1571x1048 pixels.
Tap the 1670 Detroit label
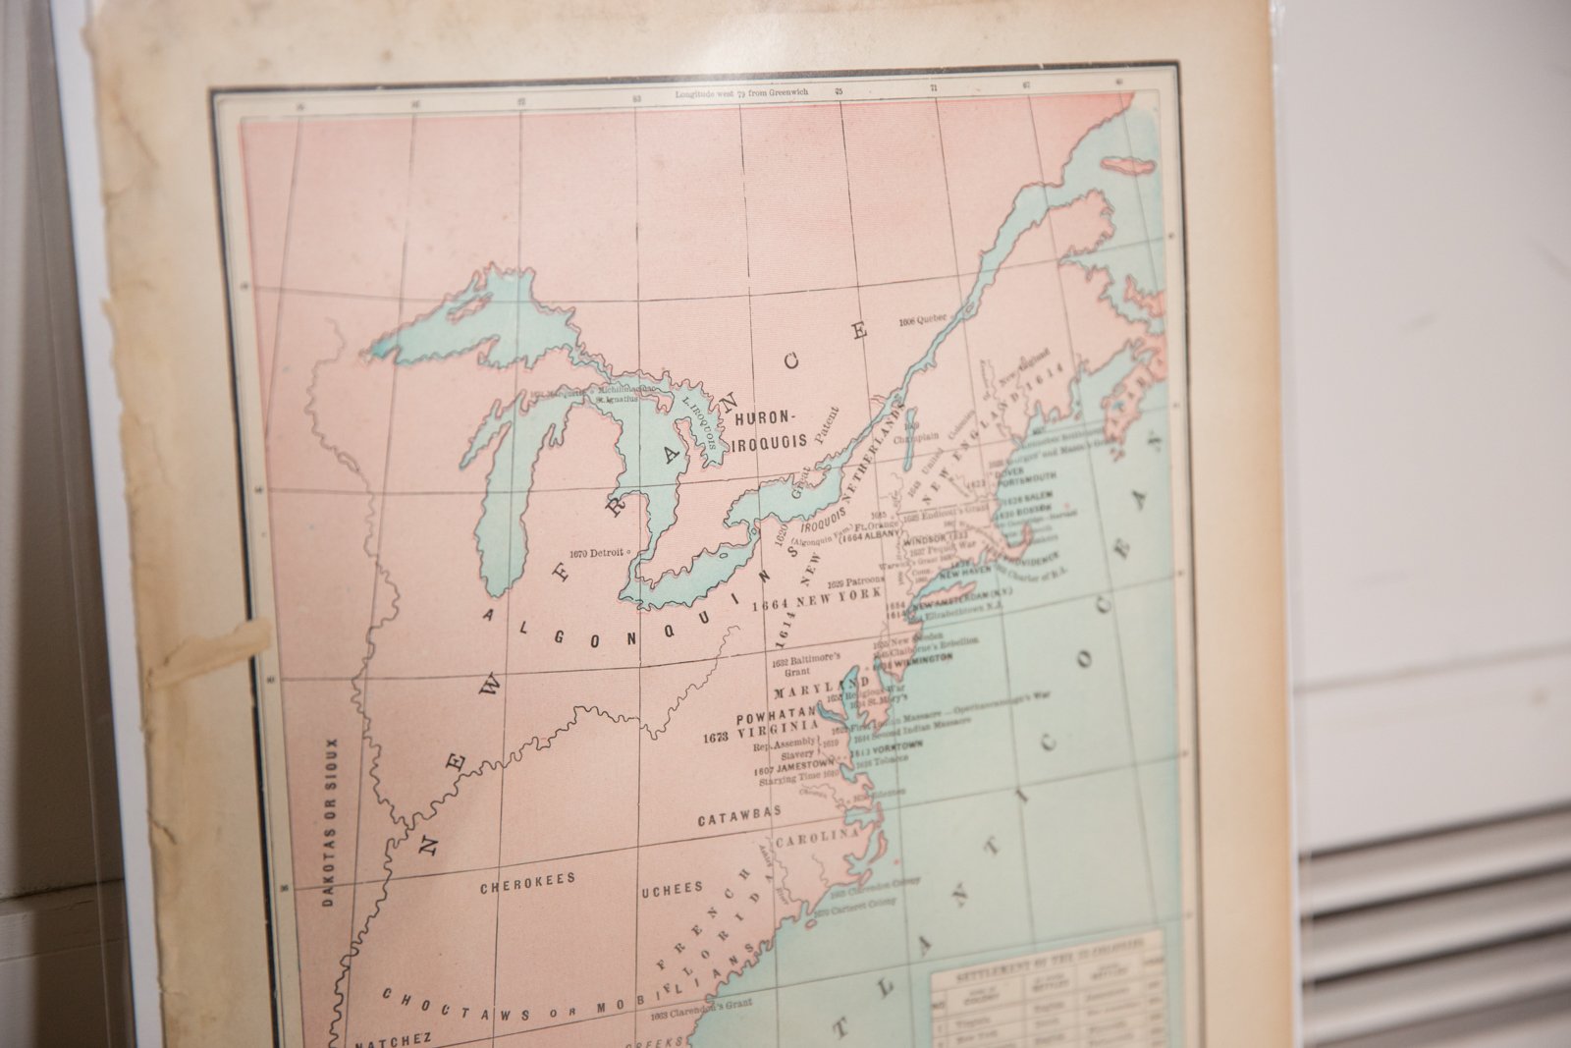point(596,552)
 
